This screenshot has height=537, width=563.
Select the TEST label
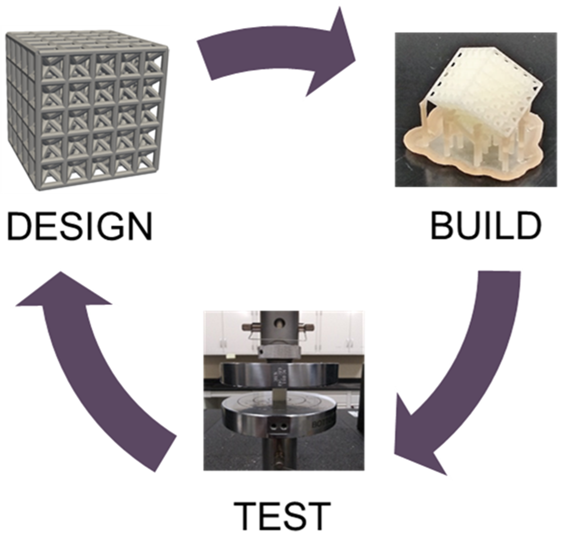tap(282, 514)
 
